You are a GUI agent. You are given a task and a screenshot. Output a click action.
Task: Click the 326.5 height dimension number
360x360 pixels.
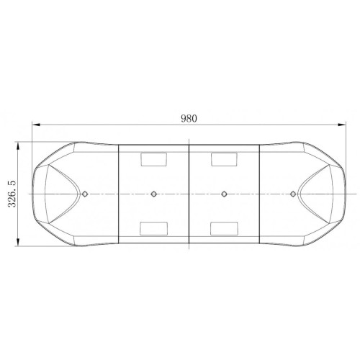(x=12, y=194)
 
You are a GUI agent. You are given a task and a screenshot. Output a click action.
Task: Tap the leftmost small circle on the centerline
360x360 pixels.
(x=86, y=194)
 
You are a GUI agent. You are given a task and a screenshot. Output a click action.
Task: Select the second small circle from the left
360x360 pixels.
(x=154, y=194)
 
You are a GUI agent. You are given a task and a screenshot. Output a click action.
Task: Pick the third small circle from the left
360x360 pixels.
(x=224, y=194)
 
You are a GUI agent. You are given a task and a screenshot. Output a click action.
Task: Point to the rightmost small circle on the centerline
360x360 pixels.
(x=292, y=194)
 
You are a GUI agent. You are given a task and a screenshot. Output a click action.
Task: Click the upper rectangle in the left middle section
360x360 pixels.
(x=153, y=158)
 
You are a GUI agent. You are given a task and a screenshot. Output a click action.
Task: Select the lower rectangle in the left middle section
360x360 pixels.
(x=153, y=229)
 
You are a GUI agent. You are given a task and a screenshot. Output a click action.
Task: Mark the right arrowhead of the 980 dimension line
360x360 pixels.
(x=344, y=126)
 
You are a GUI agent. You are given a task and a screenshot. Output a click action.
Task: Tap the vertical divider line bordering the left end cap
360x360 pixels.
(x=120, y=180)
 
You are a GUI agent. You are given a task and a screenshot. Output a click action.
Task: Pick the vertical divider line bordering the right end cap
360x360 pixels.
(x=258, y=180)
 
